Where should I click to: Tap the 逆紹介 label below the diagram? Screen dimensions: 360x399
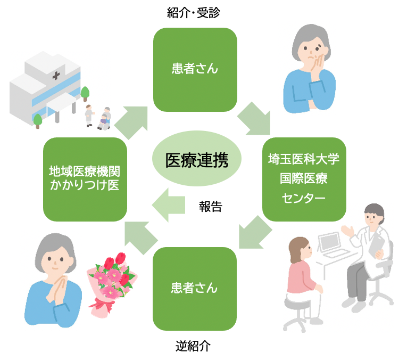click(x=194, y=347)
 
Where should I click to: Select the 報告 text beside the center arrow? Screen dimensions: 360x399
click(x=210, y=207)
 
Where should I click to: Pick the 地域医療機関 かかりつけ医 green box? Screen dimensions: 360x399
click(x=85, y=179)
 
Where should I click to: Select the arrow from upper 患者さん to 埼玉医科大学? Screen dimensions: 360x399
click(x=254, y=119)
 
